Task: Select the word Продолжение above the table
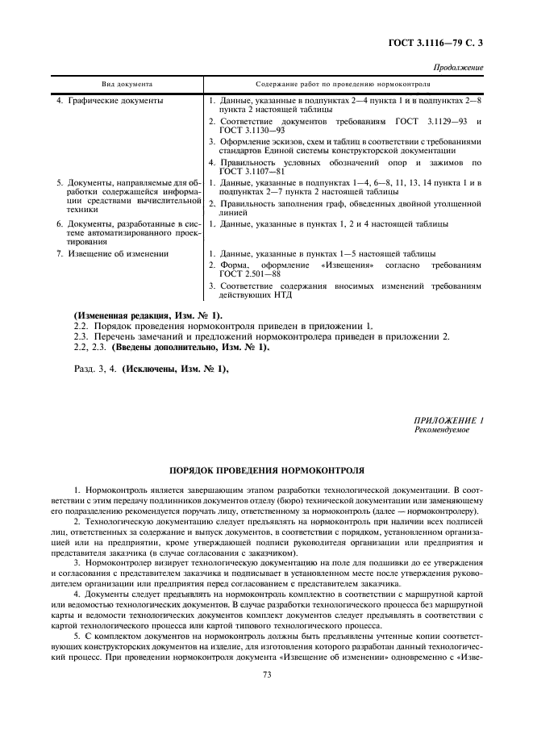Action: pos(459,67)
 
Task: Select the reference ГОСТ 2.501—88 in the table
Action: pos(245,274)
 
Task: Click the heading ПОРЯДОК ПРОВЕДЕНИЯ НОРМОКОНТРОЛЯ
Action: pos(266,469)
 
